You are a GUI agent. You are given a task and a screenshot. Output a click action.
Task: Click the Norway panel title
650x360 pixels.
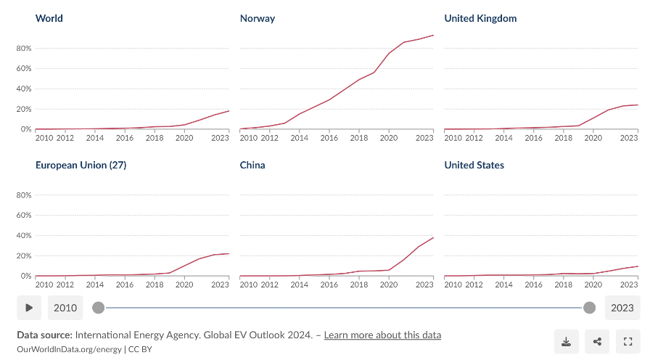[258, 18]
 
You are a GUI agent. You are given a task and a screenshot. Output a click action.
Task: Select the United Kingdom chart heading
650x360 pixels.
[480, 18]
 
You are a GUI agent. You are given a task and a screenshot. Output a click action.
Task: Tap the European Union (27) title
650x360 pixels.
[81, 165]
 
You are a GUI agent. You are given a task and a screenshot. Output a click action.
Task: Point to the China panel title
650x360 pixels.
[252, 165]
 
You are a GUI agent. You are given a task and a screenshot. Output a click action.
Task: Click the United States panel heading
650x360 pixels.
[474, 165]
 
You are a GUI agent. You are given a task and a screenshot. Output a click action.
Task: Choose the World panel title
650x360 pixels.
[49, 18]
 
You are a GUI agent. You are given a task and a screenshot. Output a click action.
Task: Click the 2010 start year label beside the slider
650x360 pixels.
[65, 308]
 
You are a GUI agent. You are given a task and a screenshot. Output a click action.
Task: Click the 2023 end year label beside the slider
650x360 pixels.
[622, 308]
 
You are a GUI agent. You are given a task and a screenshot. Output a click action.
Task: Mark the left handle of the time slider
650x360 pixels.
[99, 308]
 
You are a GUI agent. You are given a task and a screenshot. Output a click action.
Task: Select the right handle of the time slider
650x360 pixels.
[590, 308]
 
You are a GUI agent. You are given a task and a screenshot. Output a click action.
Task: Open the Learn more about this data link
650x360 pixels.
[382, 335]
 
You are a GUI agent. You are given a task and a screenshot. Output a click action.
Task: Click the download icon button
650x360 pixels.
[566, 341]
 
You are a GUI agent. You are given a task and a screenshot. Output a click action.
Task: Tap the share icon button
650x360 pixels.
[597, 341]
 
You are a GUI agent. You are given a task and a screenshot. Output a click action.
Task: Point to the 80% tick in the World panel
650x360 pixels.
[23, 48]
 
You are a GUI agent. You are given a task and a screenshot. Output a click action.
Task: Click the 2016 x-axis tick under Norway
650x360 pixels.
[329, 138]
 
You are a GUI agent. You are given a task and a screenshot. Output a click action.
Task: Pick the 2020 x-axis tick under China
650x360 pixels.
[389, 285]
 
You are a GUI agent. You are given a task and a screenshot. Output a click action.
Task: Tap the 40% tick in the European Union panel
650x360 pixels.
[23, 235]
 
